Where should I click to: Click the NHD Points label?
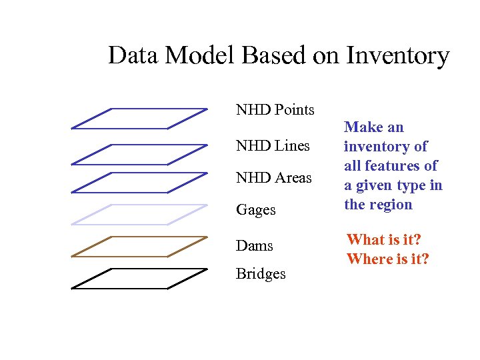point(275,109)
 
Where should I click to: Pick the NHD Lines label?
point(273,145)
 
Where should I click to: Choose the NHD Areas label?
point(273,178)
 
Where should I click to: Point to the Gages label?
point(255,210)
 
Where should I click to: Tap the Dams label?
point(254,246)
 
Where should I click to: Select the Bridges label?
point(261,274)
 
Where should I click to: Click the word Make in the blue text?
point(364,127)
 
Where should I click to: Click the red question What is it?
point(384,239)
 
